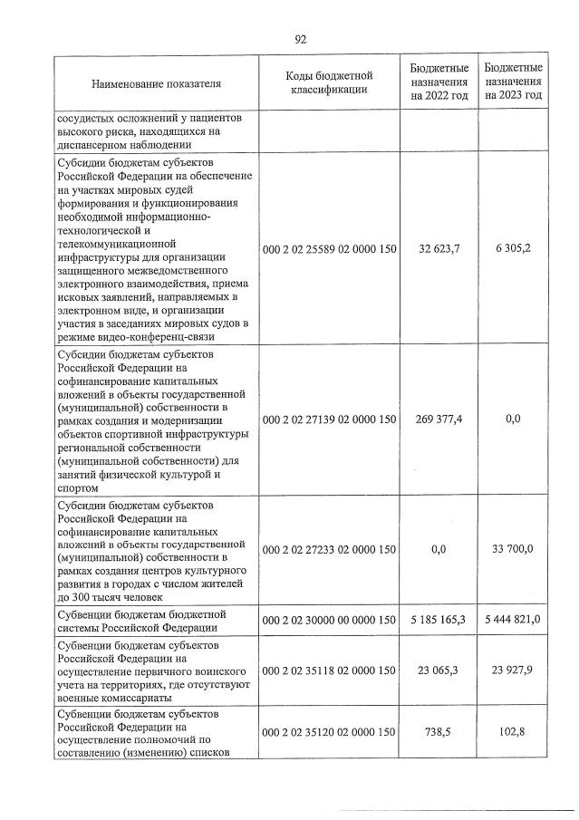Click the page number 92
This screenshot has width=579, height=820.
click(301, 39)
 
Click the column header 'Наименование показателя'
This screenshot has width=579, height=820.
click(156, 83)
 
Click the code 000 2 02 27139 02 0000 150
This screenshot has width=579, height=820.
click(330, 420)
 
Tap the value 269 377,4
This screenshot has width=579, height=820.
click(439, 420)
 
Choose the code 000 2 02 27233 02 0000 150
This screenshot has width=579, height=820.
click(330, 549)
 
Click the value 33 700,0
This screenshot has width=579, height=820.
click(514, 549)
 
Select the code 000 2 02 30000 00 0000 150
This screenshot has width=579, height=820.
click(330, 619)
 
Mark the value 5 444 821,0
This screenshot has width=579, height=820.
click(514, 619)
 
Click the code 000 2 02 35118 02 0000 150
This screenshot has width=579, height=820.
click(330, 671)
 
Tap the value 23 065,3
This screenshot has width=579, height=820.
click(439, 671)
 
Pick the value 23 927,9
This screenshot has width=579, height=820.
click(514, 671)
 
